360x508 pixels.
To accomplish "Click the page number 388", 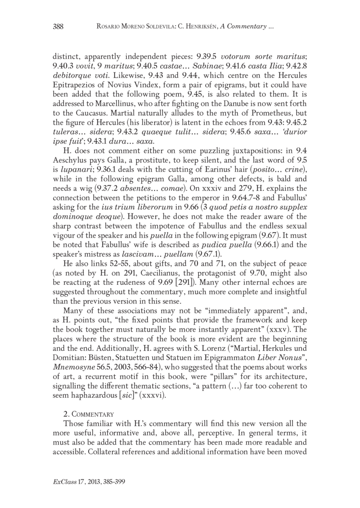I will (x=58, y=27).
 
